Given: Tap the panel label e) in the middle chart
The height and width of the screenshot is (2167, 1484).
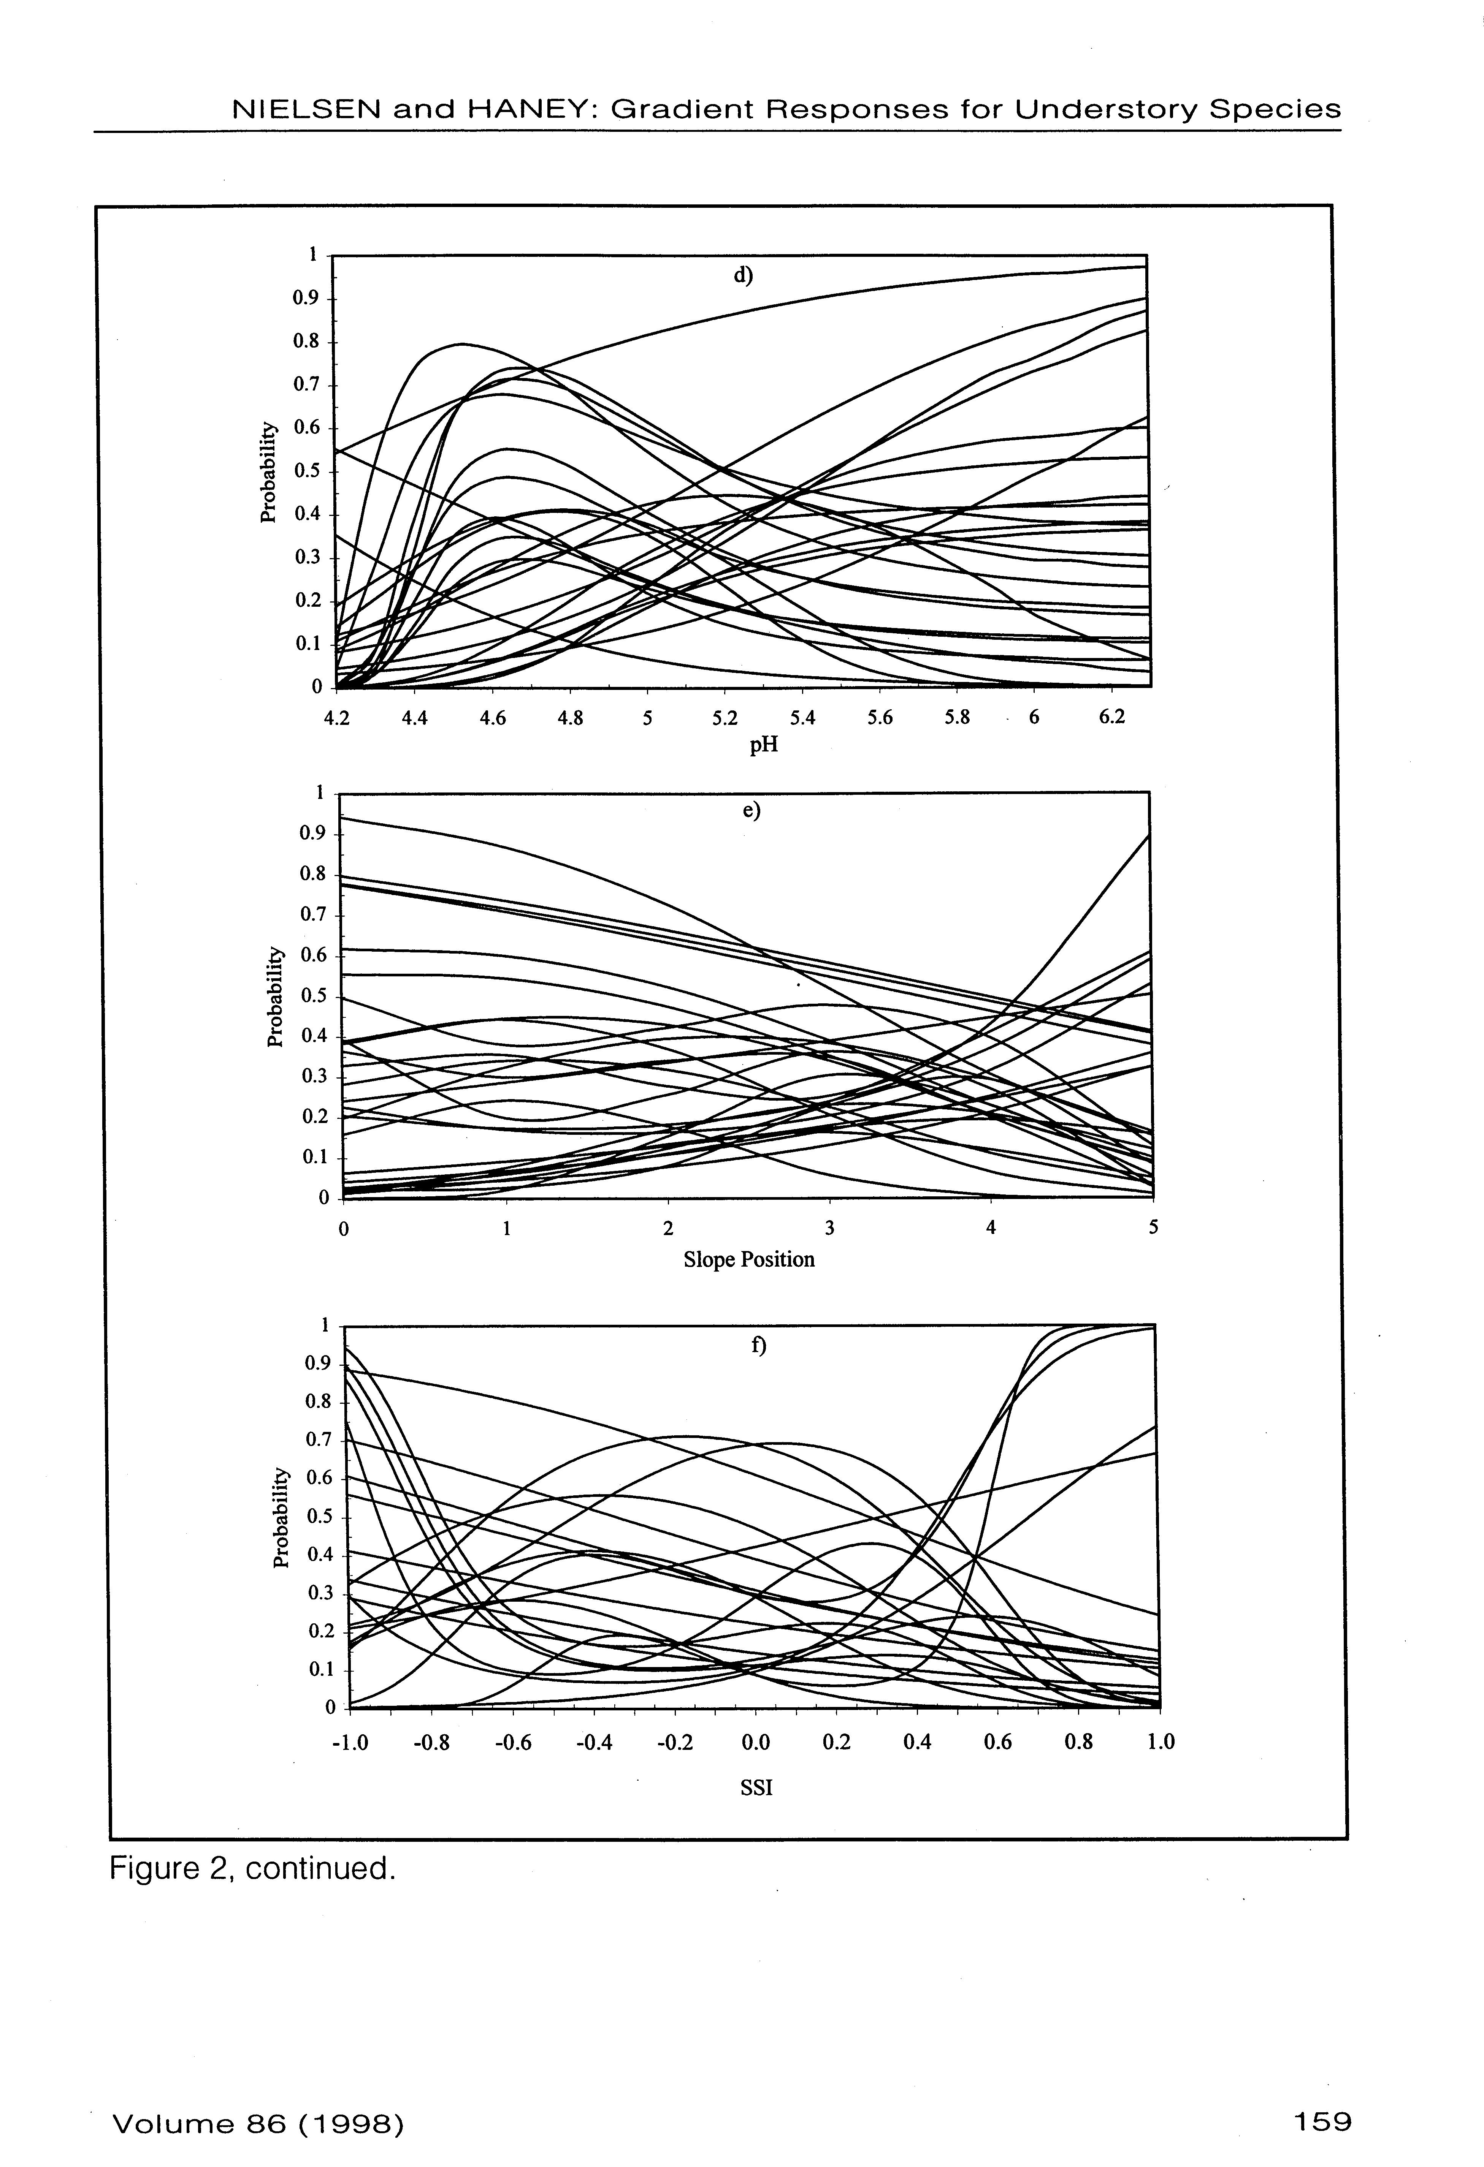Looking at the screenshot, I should click(751, 810).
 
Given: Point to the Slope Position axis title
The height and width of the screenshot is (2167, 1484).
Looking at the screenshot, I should click(749, 1260).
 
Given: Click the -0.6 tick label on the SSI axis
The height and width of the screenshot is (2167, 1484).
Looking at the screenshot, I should click(512, 1742).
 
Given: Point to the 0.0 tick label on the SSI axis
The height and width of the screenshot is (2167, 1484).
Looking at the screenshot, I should click(756, 1742).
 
